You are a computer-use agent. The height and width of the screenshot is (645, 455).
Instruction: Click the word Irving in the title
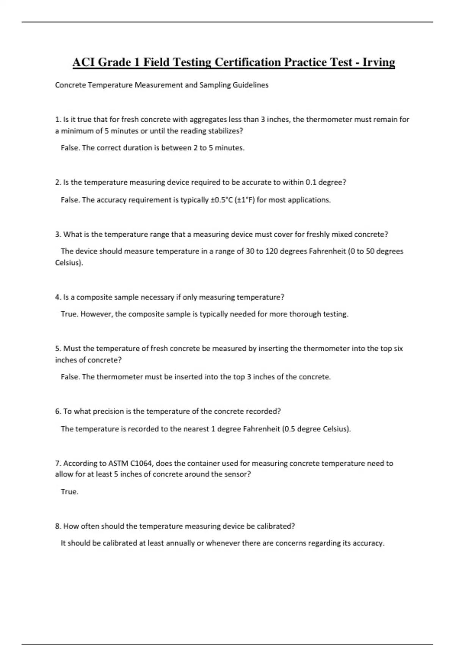(x=378, y=62)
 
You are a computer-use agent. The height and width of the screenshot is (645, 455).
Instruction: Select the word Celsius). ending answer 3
(x=69, y=263)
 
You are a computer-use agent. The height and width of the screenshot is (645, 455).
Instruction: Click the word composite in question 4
(x=91, y=297)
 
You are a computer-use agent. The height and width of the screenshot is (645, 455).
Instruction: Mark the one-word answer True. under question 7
(x=69, y=492)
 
